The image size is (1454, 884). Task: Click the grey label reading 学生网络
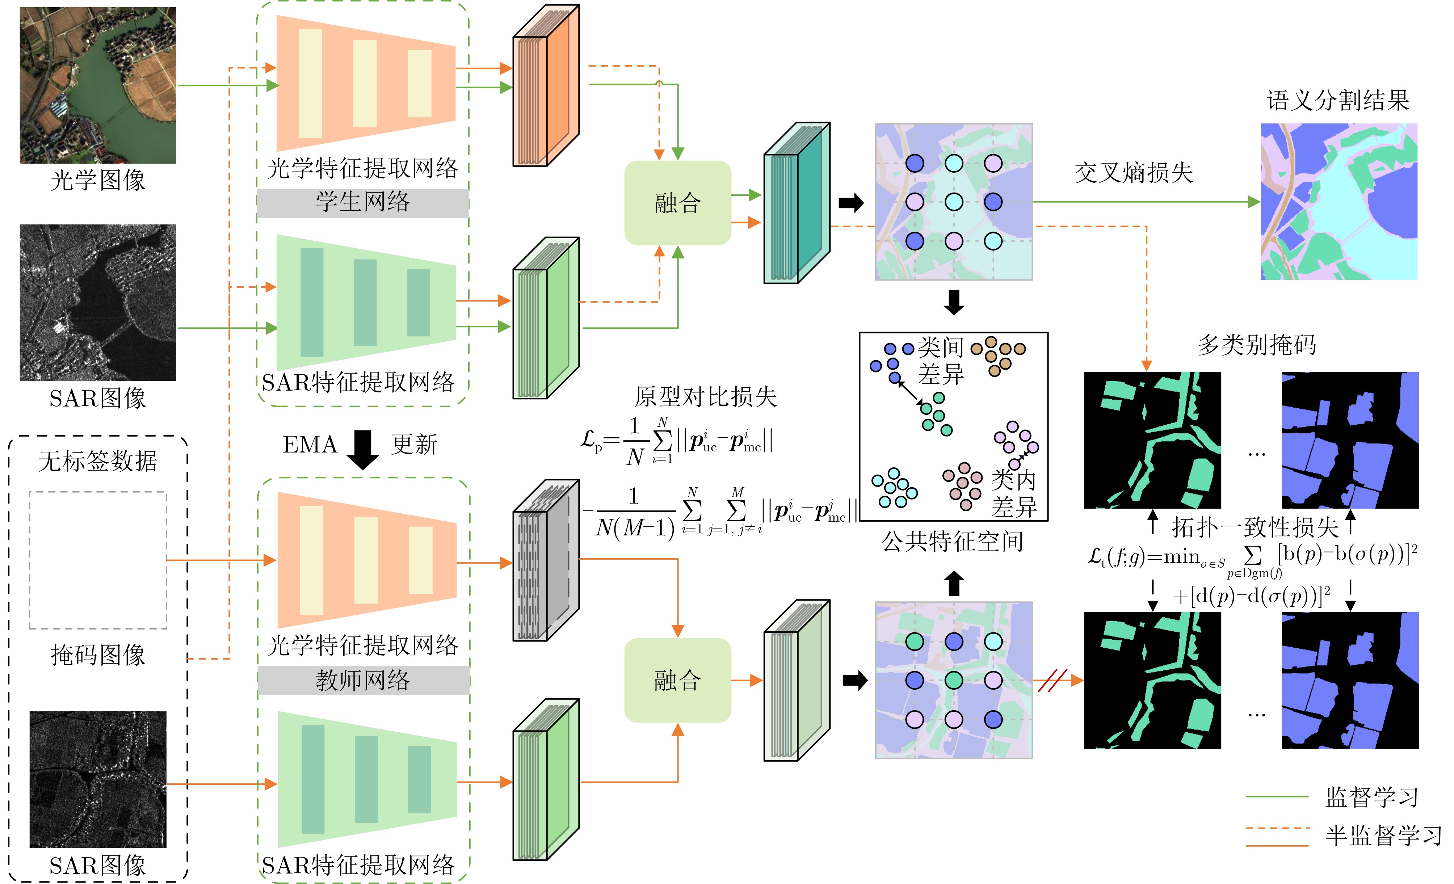tap(362, 202)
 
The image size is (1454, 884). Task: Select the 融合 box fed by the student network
tap(677, 203)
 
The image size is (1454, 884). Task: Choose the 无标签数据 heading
tap(98, 461)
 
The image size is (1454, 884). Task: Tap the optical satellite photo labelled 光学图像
tap(98, 85)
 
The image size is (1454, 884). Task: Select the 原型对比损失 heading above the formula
tap(706, 396)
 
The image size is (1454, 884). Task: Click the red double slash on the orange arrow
tap(1053, 681)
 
